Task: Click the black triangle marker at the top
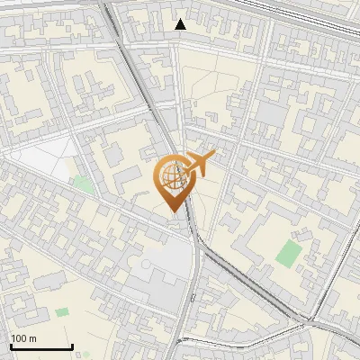point(181,24)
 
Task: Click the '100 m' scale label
point(23,338)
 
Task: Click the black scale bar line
point(41,347)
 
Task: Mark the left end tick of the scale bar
point(11,346)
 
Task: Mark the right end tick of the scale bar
point(72,346)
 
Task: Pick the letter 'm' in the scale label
point(32,338)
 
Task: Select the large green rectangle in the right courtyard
point(290,252)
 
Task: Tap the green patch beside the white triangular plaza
point(83,184)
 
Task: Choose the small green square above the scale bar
point(61,312)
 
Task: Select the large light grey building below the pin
point(153,270)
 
